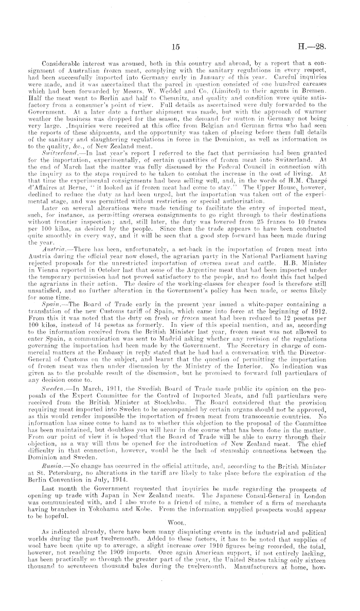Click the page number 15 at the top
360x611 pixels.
point(175,47)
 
